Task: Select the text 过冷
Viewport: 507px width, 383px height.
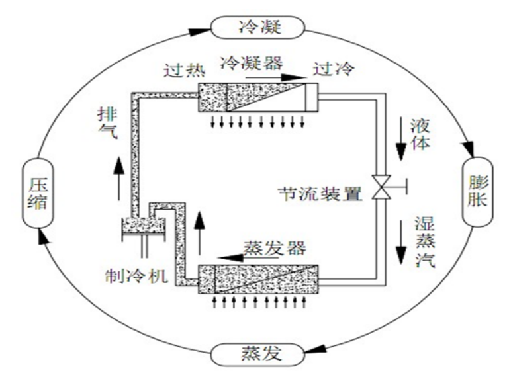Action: (x=334, y=68)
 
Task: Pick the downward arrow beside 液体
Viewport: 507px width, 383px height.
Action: (x=400, y=141)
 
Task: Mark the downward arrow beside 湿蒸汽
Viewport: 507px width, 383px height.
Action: (x=400, y=245)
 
